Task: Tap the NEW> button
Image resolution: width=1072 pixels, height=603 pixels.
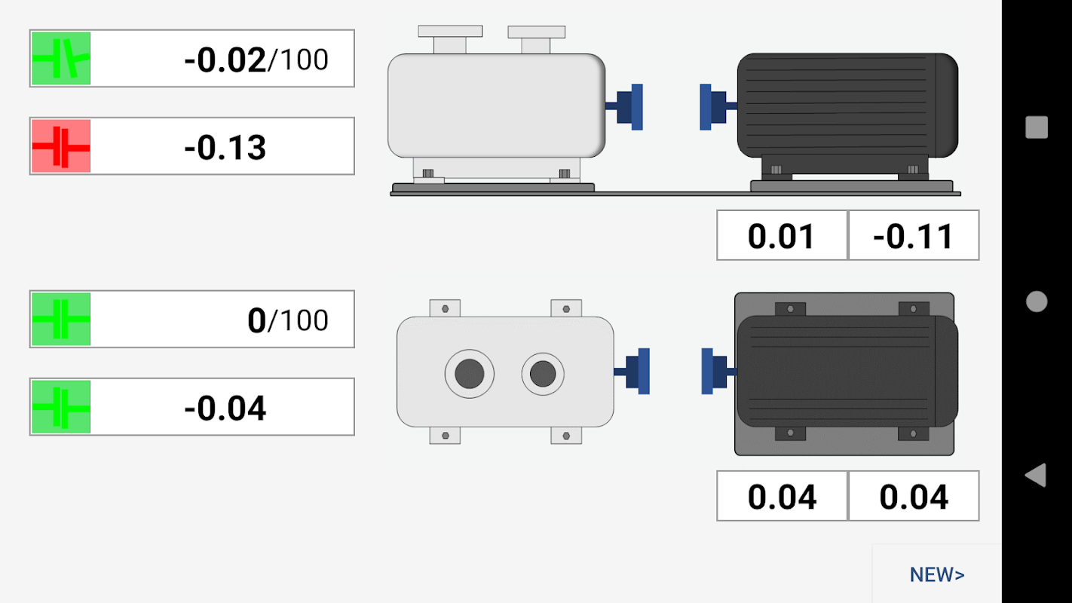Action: click(936, 574)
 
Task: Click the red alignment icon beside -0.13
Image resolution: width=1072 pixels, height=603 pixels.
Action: click(61, 146)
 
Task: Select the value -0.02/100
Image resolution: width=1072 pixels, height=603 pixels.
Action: click(256, 60)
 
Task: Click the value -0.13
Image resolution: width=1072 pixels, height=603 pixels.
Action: click(225, 148)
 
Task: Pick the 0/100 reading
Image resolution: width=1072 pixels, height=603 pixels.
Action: click(288, 320)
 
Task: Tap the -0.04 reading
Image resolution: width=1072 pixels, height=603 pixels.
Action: click(225, 409)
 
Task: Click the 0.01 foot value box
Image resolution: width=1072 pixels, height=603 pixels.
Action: click(782, 235)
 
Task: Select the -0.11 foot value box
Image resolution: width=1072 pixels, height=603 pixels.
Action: click(914, 235)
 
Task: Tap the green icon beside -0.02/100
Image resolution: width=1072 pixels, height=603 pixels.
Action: click(61, 58)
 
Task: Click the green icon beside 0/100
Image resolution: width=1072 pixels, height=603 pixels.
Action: click(61, 319)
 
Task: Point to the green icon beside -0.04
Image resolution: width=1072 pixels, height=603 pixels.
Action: click(61, 407)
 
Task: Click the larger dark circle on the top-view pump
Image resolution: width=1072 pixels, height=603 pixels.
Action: click(470, 374)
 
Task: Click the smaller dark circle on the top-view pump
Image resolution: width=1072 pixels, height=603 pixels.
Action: click(543, 374)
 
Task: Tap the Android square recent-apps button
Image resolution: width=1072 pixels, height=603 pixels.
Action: click(1037, 127)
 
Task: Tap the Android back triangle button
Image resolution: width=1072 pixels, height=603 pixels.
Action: click(1036, 475)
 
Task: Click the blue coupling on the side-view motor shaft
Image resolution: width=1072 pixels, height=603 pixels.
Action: click(713, 107)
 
